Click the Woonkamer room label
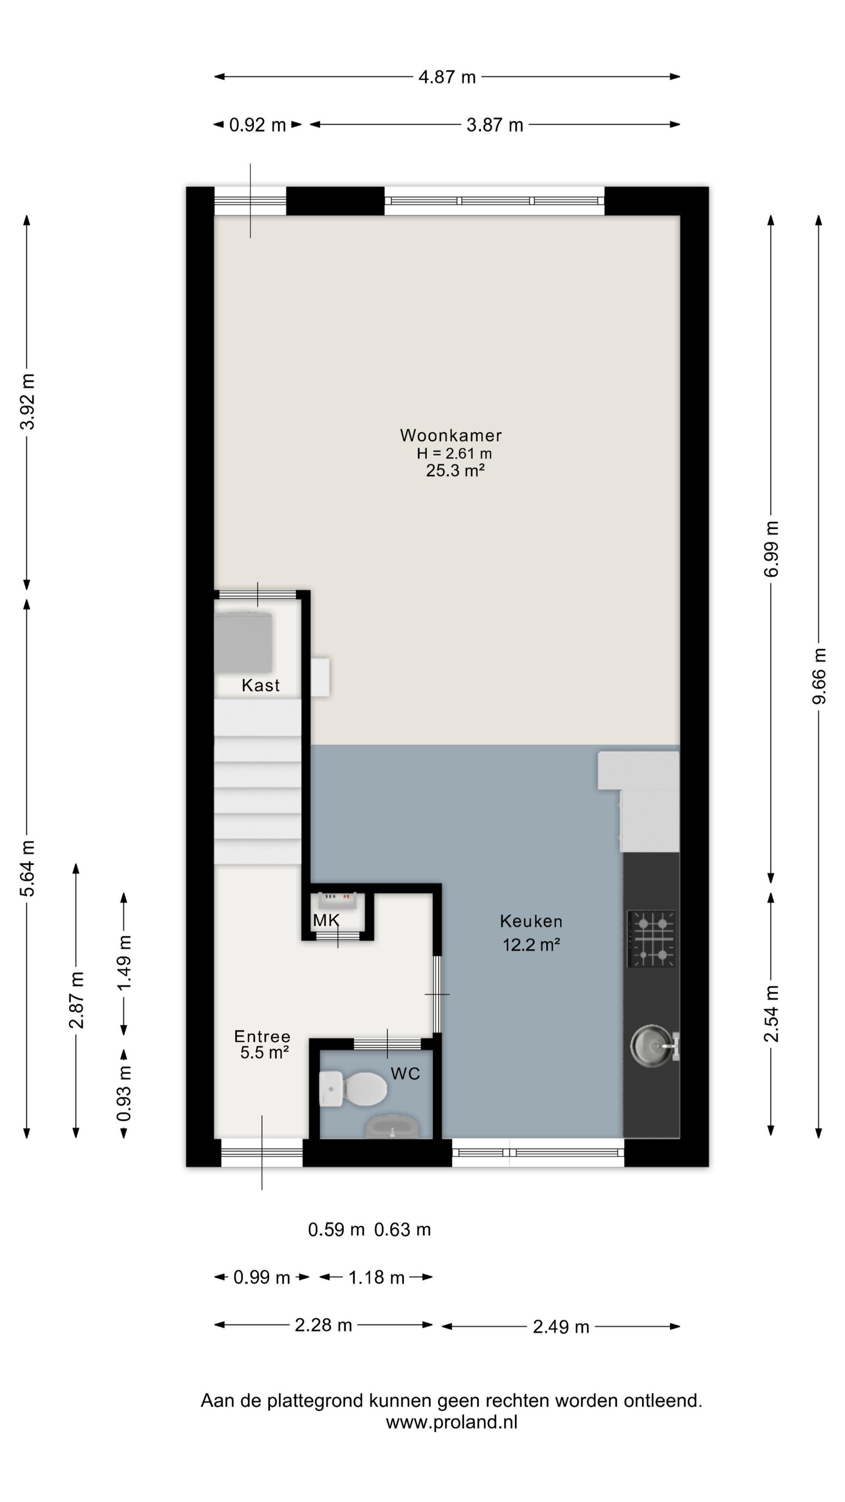point(450,435)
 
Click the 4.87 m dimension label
point(448,77)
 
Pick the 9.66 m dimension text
point(819,676)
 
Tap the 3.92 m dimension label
point(28,402)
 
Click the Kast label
point(261,685)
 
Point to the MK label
point(326,920)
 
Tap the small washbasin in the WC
point(392,1126)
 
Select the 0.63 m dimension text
point(402,1230)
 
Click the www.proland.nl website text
point(451,1422)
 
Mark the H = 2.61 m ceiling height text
point(454,453)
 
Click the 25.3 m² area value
point(455,470)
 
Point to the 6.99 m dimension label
point(771,549)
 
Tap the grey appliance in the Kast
point(243,642)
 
